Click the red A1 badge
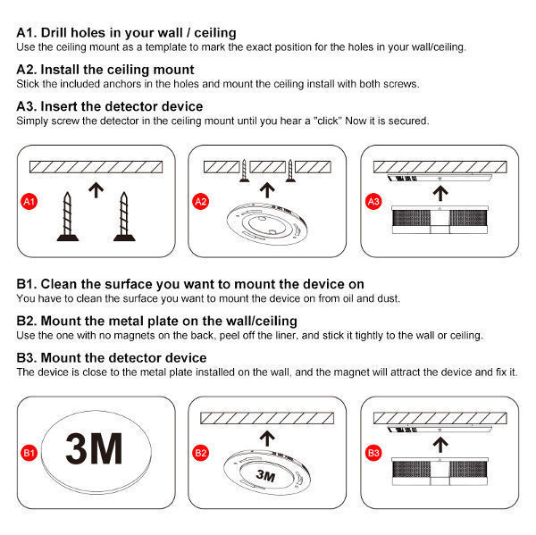pyautogui.click(x=29, y=203)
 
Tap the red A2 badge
pyautogui.click(x=201, y=203)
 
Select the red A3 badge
pyautogui.click(x=373, y=203)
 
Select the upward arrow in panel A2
pyautogui.click(x=265, y=189)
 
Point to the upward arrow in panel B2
pyautogui.click(x=265, y=437)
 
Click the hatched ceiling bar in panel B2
pyautogui.click(x=265, y=417)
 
